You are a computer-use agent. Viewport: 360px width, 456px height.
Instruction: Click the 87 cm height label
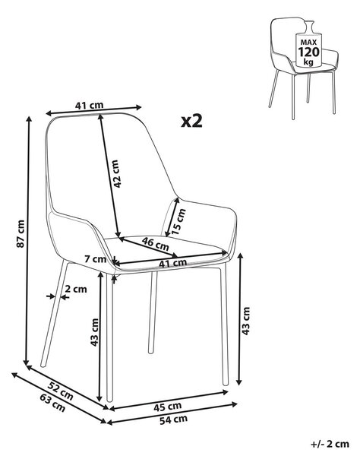[21, 233]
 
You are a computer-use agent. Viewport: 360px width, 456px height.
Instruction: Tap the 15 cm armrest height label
[178, 222]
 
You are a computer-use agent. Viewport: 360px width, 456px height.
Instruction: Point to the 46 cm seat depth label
[155, 244]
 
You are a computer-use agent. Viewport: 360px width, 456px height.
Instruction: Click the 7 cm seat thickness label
[95, 258]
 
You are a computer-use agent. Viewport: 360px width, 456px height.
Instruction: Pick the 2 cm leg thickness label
[76, 289]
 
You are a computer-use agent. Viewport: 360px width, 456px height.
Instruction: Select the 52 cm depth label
[61, 391]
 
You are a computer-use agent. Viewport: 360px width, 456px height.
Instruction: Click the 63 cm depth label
[52, 403]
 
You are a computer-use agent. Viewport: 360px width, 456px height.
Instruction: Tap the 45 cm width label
[167, 407]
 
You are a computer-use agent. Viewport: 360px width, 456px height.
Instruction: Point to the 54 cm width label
[173, 420]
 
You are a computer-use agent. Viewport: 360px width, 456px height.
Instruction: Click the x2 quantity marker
[191, 121]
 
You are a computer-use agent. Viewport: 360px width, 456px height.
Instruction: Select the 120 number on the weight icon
[308, 52]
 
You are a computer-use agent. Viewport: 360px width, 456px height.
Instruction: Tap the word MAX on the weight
[308, 43]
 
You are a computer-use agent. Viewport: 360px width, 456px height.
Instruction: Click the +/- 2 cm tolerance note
[330, 444]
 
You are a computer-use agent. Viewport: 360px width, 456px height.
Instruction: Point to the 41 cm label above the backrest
[89, 106]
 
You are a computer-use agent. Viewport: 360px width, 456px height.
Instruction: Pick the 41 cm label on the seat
[172, 263]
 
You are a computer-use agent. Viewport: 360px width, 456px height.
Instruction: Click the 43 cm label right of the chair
[246, 321]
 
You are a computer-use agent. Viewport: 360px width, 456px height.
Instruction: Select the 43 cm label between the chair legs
[95, 332]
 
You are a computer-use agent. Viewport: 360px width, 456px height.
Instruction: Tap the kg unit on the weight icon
[308, 62]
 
